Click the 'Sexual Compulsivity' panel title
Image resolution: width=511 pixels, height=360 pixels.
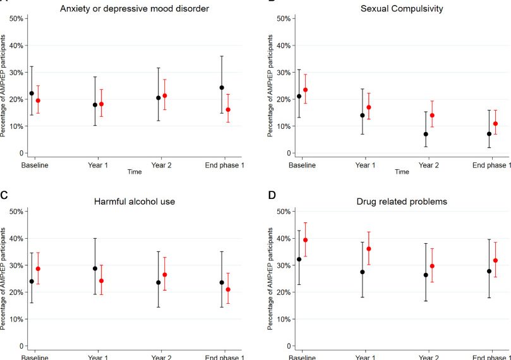[x=402, y=8]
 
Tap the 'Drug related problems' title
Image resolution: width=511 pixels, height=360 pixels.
[x=402, y=201]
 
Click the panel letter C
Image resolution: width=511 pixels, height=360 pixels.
[x=4, y=195]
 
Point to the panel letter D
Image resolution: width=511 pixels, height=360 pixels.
[x=272, y=195]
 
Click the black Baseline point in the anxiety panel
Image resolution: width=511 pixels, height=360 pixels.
[x=32, y=93]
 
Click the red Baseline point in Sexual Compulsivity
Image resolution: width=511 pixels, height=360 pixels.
[x=305, y=90]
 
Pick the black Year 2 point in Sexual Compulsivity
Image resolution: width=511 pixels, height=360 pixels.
[x=426, y=134]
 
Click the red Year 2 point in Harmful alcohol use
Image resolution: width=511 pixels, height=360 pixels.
[x=165, y=275]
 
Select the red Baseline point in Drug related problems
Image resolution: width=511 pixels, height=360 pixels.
[x=305, y=240]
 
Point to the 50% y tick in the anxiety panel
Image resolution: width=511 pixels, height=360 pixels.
[x=16, y=18]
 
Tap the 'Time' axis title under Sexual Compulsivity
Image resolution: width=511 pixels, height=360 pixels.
[x=402, y=172]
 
